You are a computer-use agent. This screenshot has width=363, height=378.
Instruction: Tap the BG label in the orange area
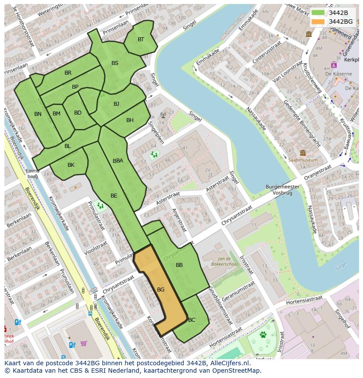click(160, 290)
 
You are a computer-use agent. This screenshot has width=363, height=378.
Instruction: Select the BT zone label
click(141, 40)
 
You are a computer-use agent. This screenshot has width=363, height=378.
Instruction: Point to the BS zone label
click(115, 63)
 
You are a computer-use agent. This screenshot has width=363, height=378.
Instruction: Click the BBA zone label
click(118, 161)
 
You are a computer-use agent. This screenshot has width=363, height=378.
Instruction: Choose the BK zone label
click(71, 165)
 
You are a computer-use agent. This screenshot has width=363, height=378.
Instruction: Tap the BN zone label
click(38, 114)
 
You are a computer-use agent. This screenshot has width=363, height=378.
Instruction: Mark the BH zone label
click(130, 120)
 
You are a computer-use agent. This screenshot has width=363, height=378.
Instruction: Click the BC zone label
click(192, 320)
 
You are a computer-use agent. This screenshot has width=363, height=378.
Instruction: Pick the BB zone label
click(179, 265)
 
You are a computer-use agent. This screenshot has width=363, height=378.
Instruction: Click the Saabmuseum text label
click(302, 160)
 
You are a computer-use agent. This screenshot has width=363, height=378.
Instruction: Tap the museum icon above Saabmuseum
click(302, 153)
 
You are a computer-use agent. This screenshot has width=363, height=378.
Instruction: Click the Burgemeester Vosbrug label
click(282, 190)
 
